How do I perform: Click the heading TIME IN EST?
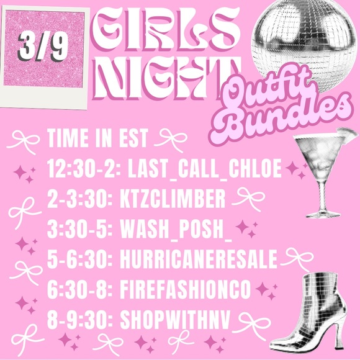97,138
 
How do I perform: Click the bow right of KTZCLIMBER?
246,198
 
